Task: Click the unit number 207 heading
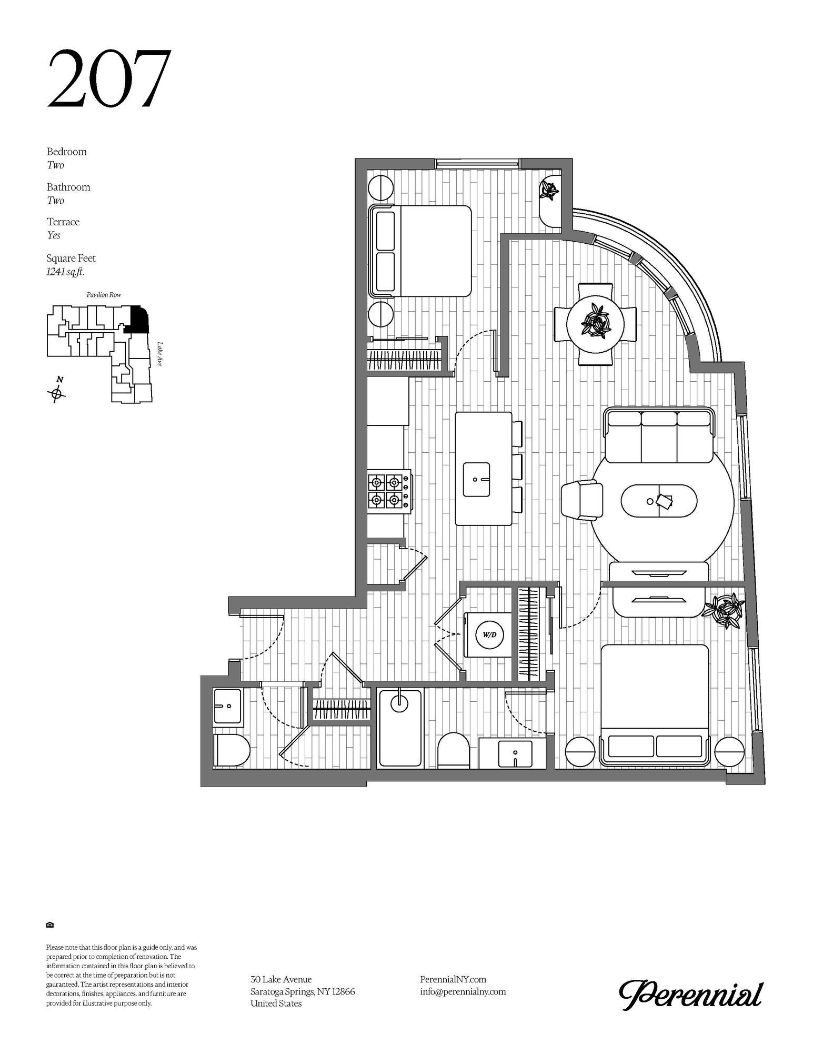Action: (109, 79)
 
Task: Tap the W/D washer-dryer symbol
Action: (489, 634)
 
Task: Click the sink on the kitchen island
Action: (476, 479)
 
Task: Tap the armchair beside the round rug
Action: (582, 500)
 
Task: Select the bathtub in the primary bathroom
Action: (400, 727)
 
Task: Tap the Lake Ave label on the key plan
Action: (159, 354)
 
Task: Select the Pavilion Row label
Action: (104, 295)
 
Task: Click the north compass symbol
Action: (57, 392)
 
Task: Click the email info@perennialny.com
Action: (463, 991)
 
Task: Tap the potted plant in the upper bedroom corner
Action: (549, 191)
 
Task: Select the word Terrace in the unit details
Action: (63, 222)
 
